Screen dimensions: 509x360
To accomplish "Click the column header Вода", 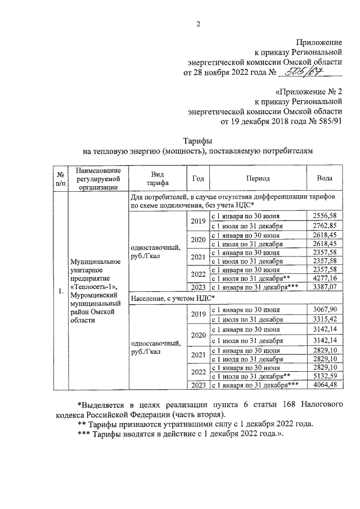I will coord(324,178).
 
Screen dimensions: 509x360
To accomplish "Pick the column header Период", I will coord(258,178).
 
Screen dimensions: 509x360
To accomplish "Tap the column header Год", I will coord(198,178).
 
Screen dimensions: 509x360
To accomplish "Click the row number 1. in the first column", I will coord(60,292).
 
